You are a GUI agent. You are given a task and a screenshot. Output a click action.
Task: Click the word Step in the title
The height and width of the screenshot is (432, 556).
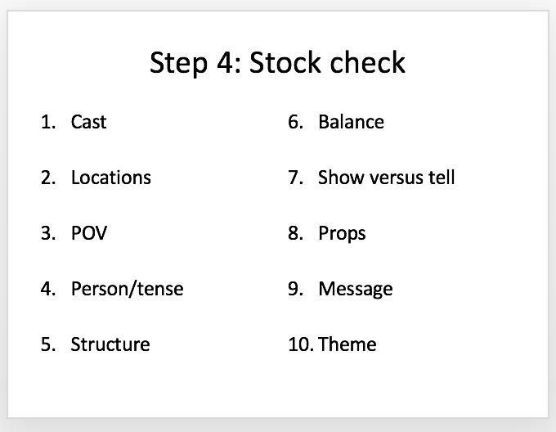coord(178,63)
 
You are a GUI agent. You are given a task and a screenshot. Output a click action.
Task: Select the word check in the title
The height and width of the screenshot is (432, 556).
coord(368,62)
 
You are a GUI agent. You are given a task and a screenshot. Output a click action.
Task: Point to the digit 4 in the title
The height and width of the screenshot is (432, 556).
coord(226,63)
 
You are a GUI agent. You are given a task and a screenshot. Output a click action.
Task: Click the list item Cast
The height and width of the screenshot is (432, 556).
coord(88,122)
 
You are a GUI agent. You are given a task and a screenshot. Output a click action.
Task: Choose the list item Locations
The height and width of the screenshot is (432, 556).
coord(111,178)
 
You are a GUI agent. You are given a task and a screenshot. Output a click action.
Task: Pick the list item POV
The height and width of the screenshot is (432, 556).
coord(89,233)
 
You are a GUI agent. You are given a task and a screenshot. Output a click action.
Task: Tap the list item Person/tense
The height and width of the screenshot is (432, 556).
coord(128,289)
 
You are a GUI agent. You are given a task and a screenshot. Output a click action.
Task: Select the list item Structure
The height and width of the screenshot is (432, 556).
coord(110,344)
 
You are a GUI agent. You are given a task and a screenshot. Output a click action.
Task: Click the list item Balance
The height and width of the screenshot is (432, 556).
coord(351,122)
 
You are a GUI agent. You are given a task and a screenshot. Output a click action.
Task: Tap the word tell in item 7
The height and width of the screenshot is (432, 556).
coord(442,178)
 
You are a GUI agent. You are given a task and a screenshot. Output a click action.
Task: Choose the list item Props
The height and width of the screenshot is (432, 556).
coord(342,234)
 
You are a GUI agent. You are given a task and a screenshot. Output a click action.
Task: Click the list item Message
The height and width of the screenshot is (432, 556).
coord(356,289)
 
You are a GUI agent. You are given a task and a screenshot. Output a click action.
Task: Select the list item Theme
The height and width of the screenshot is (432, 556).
coord(347,344)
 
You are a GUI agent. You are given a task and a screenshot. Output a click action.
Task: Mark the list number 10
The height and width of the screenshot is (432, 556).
coord(300,344)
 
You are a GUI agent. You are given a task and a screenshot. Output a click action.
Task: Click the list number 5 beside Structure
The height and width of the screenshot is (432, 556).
coord(48,344)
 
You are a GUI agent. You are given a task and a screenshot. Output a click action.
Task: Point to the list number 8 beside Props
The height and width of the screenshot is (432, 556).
coord(295,233)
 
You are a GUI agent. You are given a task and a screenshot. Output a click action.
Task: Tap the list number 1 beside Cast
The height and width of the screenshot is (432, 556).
coord(48,122)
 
